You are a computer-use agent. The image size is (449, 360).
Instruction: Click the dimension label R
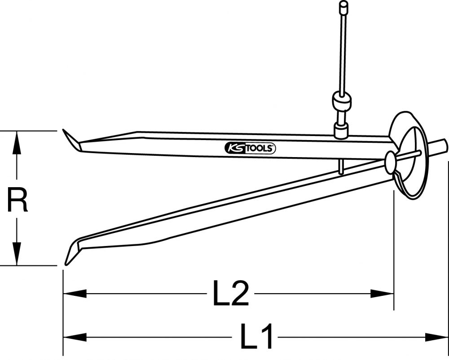pyautogui.click(x=17, y=199)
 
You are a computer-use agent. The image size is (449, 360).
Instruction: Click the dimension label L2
pyautogui.click(x=231, y=293)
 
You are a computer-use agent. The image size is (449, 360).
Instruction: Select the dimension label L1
pyautogui.click(x=256, y=336)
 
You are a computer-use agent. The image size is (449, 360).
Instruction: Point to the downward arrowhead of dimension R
pyautogui.click(x=17, y=255)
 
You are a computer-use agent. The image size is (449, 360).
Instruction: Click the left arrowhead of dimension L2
pyautogui.click(x=75, y=293)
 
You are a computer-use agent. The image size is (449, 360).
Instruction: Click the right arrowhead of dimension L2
pyautogui.click(x=382, y=293)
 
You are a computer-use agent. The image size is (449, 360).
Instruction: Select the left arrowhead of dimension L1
pyautogui.click(x=75, y=337)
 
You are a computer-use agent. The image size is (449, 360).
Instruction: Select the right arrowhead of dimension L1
pyautogui.click(x=436, y=337)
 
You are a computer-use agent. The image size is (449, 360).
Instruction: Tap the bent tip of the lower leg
pyautogui.click(x=72, y=251)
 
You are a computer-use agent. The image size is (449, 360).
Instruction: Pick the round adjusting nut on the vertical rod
pyautogui.click(x=342, y=100)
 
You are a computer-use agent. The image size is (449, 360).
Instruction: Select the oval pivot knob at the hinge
pyautogui.click(x=391, y=162)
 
